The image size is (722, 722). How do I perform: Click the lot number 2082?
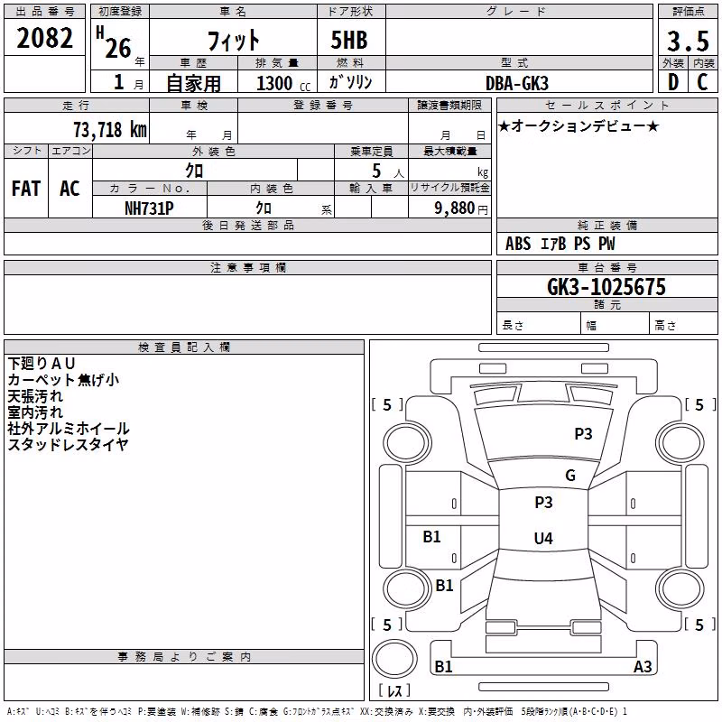coord(44,38)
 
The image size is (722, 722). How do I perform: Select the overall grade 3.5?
coord(688,41)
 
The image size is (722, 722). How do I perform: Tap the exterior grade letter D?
coord(673,82)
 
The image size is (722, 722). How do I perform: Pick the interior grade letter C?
coord(702,82)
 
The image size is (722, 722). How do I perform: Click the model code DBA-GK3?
coord(517,83)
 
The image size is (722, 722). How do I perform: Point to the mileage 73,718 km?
coord(110,130)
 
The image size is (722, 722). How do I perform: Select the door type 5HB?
coord(349,40)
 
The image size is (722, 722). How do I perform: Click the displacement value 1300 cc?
coord(283,83)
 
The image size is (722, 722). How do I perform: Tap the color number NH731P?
coord(149,208)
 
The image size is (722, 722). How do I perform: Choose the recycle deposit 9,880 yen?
coord(461,208)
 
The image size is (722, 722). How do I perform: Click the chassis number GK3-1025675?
coord(606,287)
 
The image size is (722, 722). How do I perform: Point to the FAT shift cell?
coord(26,189)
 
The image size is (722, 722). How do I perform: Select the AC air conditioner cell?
coord(69,189)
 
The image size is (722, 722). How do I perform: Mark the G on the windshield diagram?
coord(570,476)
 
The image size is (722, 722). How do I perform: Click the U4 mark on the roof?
coord(543,538)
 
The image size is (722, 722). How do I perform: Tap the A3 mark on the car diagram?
coord(643,666)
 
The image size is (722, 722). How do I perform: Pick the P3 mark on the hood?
coord(583,434)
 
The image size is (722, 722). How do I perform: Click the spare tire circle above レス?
coord(394,659)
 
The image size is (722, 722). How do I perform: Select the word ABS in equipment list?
coord(518,244)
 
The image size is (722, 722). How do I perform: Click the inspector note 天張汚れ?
coord(35,396)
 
